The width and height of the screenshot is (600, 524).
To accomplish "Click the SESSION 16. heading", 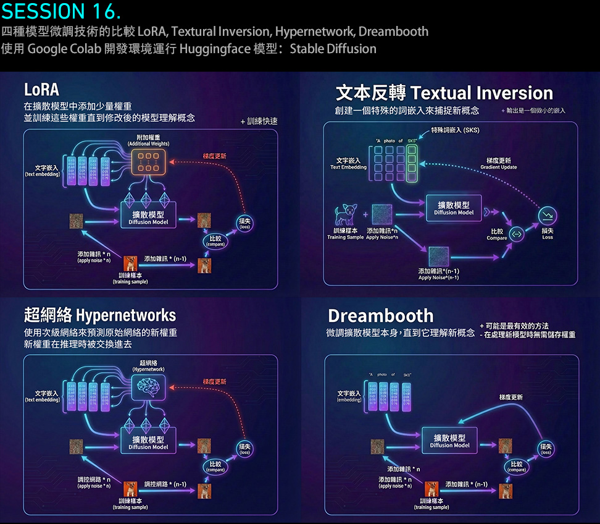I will [61, 11].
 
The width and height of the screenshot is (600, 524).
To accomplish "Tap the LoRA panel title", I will [41, 90].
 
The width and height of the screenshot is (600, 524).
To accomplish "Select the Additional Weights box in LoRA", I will [148, 161].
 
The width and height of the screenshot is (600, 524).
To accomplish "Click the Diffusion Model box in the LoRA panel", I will [148, 216].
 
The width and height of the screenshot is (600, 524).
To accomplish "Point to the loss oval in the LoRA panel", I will [246, 224].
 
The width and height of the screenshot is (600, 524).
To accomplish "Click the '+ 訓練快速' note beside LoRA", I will [259, 122].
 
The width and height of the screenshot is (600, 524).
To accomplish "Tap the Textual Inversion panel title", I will [444, 93].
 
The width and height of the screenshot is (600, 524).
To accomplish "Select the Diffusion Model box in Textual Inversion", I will [454, 208].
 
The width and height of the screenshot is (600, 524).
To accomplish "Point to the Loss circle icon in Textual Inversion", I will [548, 216].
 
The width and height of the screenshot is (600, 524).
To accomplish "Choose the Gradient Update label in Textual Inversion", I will [499, 164].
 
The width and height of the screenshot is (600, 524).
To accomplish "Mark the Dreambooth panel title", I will [381, 316].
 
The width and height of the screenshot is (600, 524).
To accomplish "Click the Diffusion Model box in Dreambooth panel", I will [450, 441].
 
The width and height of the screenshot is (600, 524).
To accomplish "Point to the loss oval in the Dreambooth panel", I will [546, 449].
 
